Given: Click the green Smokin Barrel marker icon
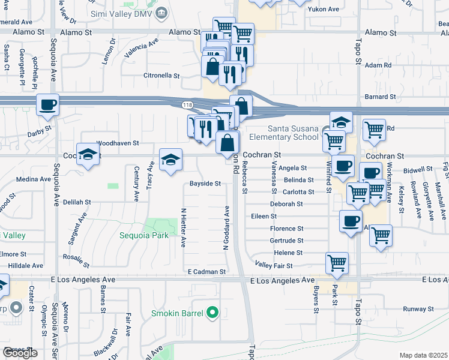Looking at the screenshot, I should (x=211, y=313).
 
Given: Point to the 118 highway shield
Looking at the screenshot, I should (x=186, y=105).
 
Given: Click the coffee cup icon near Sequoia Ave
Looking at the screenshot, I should (x=47, y=105).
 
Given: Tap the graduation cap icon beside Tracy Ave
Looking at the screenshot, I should (x=170, y=160).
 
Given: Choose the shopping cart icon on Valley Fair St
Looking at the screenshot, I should (x=337, y=262).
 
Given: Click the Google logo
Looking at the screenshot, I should (x=20, y=352).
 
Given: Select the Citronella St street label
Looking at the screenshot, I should (x=161, y=76).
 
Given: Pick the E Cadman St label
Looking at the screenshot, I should (x=205, y=272).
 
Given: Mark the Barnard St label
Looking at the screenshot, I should (x=381, y=96).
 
